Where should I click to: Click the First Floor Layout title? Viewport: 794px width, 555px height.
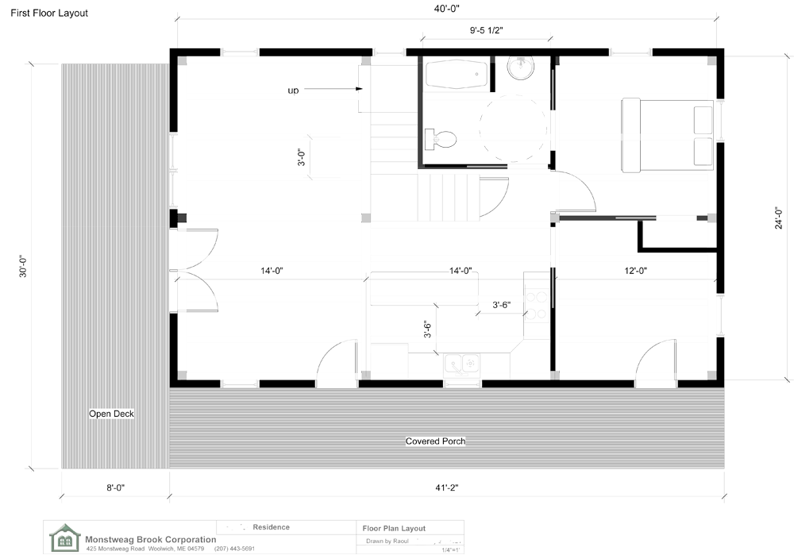[49, 13]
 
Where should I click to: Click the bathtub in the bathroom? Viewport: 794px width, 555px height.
[456, 75]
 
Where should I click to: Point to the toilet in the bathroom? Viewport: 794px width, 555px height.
[441, 140]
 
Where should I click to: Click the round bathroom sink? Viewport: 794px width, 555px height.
[521, 69]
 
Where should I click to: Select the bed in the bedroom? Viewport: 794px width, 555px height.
[667, 135]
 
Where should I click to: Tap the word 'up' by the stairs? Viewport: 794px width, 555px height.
[293, 91]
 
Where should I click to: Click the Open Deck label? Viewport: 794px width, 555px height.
[111, 414]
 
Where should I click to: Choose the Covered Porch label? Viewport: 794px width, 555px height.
[435, 441]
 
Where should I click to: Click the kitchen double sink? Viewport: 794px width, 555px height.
[463, 364]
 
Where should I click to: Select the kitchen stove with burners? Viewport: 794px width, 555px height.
[536, 303]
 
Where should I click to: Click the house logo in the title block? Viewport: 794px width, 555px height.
[64, 538]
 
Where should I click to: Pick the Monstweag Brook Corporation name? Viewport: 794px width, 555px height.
[151, 540]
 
